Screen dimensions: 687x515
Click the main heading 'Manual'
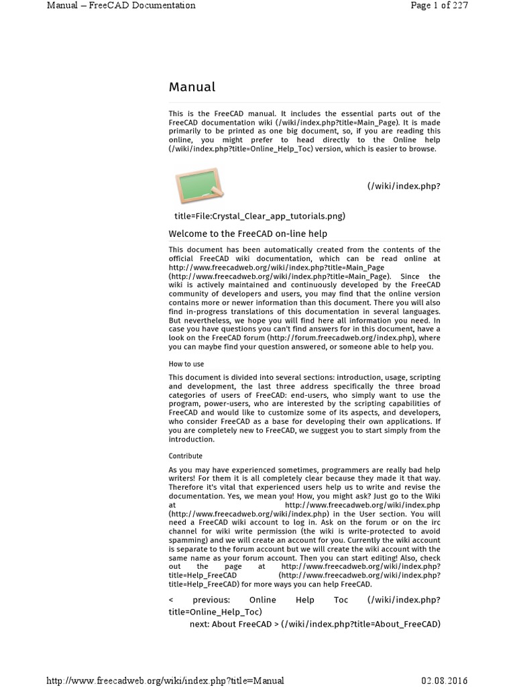point(192,87)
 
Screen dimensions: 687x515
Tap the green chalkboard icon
point(198,186)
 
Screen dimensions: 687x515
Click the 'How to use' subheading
point(186,364)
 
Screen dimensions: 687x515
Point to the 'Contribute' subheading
point(185,456)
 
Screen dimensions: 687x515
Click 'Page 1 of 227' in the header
point(439,6)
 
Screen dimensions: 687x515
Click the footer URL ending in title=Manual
point(165,680)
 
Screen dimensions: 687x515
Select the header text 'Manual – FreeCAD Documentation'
point(121,6)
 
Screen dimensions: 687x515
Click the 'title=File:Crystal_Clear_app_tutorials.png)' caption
point(260,216)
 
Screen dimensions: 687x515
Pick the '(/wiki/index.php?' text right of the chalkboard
point(404,185)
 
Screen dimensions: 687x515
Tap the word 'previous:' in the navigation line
point(211,600)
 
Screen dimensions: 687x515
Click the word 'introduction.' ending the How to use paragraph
point(191,439)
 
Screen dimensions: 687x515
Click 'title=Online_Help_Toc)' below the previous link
point(215,612)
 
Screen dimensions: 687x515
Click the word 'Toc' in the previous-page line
point(341,600)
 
